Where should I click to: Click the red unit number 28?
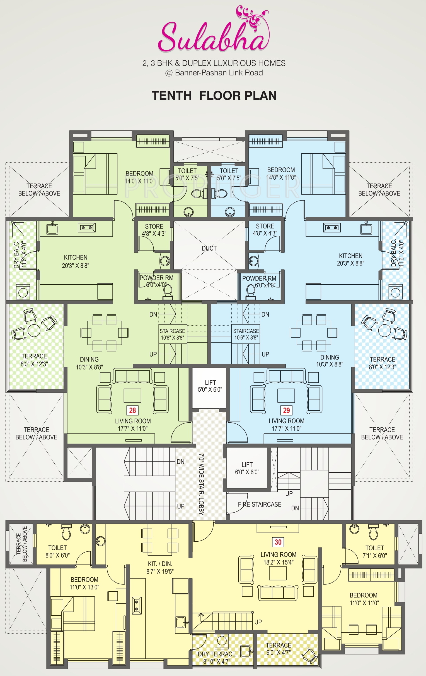[132, 410]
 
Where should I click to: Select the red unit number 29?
[286, 410]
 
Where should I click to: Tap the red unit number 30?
[278, 542]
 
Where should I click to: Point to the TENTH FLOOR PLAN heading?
[214, 96]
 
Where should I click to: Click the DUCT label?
[209, 248]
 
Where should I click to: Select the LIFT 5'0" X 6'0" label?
[210, 386]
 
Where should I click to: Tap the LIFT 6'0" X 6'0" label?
[247, 468]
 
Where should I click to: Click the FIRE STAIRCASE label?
[260, 504]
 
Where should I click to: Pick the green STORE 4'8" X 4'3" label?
[154, 230]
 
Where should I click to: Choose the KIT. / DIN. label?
[160, 567]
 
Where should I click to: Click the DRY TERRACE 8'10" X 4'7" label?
[217, 658]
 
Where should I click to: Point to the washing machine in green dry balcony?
[23, 292]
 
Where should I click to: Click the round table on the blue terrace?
[384, 330]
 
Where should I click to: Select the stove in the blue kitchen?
[331, 227]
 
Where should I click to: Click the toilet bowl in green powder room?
[168, 291]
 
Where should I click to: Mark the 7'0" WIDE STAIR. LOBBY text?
[201, 484]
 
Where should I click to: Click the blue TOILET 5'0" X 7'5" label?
[229, 174]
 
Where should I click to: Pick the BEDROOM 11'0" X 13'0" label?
[84, 583]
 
